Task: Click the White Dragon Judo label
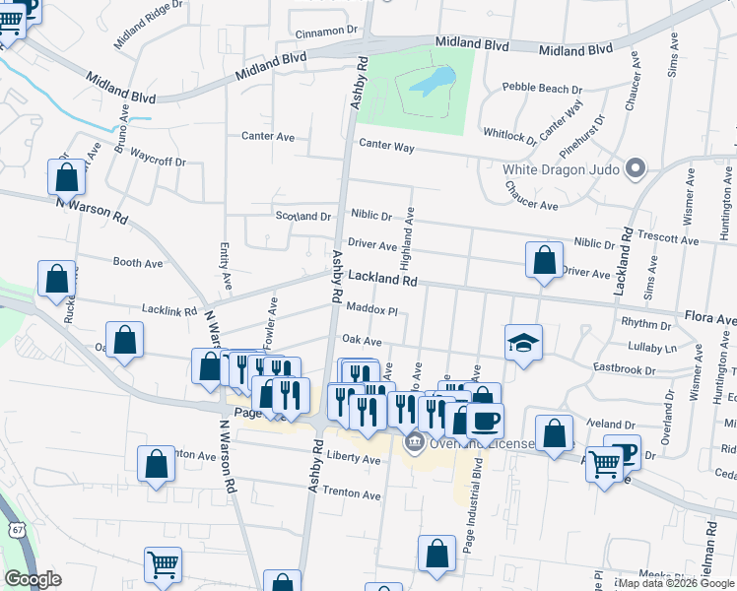(561, 169)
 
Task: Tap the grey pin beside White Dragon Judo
(635, 168)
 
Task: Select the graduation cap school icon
(524, 344)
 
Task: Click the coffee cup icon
(485, 422)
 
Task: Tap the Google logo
(33, 579)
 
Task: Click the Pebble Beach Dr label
(542, 88)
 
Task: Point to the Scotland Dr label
(302, 216)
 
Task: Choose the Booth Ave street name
(138, 263)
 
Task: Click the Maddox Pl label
(370, 310)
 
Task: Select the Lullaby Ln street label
(657, 349)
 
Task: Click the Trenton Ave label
(351, 493)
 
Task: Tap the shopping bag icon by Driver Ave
(544, 261)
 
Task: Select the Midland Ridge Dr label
(149, 30)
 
